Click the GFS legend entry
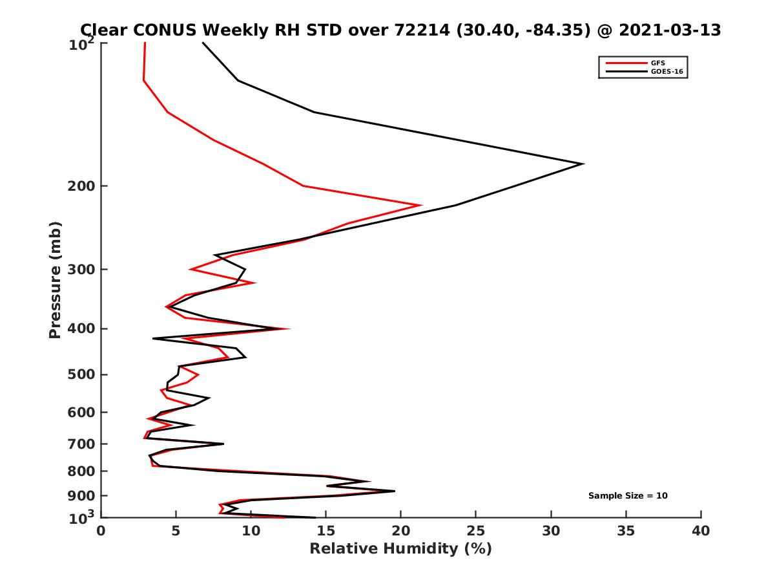coord(658,63)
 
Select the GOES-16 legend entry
coord(666,71)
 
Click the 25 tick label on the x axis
coord(476,532)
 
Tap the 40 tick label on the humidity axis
coord(701,532)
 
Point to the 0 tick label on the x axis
coord(101,532)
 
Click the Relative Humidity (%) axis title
coord(400,549)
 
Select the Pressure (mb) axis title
coord(55,279)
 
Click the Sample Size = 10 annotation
coord(627,496)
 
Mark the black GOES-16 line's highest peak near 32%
coord(583,164)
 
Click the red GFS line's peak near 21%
coord(421,205)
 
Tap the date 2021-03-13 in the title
coord(668,30)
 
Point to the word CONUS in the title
coord(167,30)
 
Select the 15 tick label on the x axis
coord(326,532)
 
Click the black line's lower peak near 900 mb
coord(394,491)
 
